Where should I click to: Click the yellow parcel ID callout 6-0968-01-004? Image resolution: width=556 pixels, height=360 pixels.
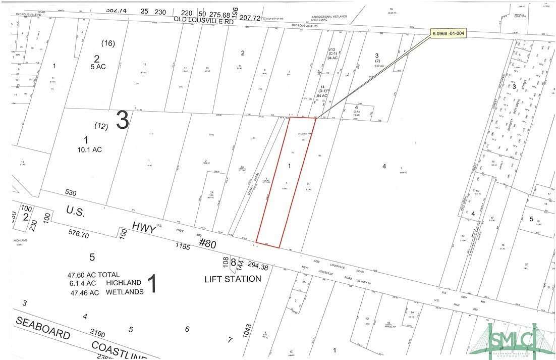[x=448, y=33]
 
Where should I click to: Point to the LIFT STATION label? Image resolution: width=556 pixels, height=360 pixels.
[x=233, y=279]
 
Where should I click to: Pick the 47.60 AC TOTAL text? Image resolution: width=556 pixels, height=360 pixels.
[x=94, y=275]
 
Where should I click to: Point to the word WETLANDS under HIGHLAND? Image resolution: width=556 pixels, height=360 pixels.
[x=125, y=292]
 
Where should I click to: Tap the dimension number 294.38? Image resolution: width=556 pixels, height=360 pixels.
[x=254, y=267]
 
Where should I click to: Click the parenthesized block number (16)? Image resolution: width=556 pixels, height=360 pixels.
[x=108, y=43]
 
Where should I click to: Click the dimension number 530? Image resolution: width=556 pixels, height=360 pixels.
[x=71, y=192]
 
